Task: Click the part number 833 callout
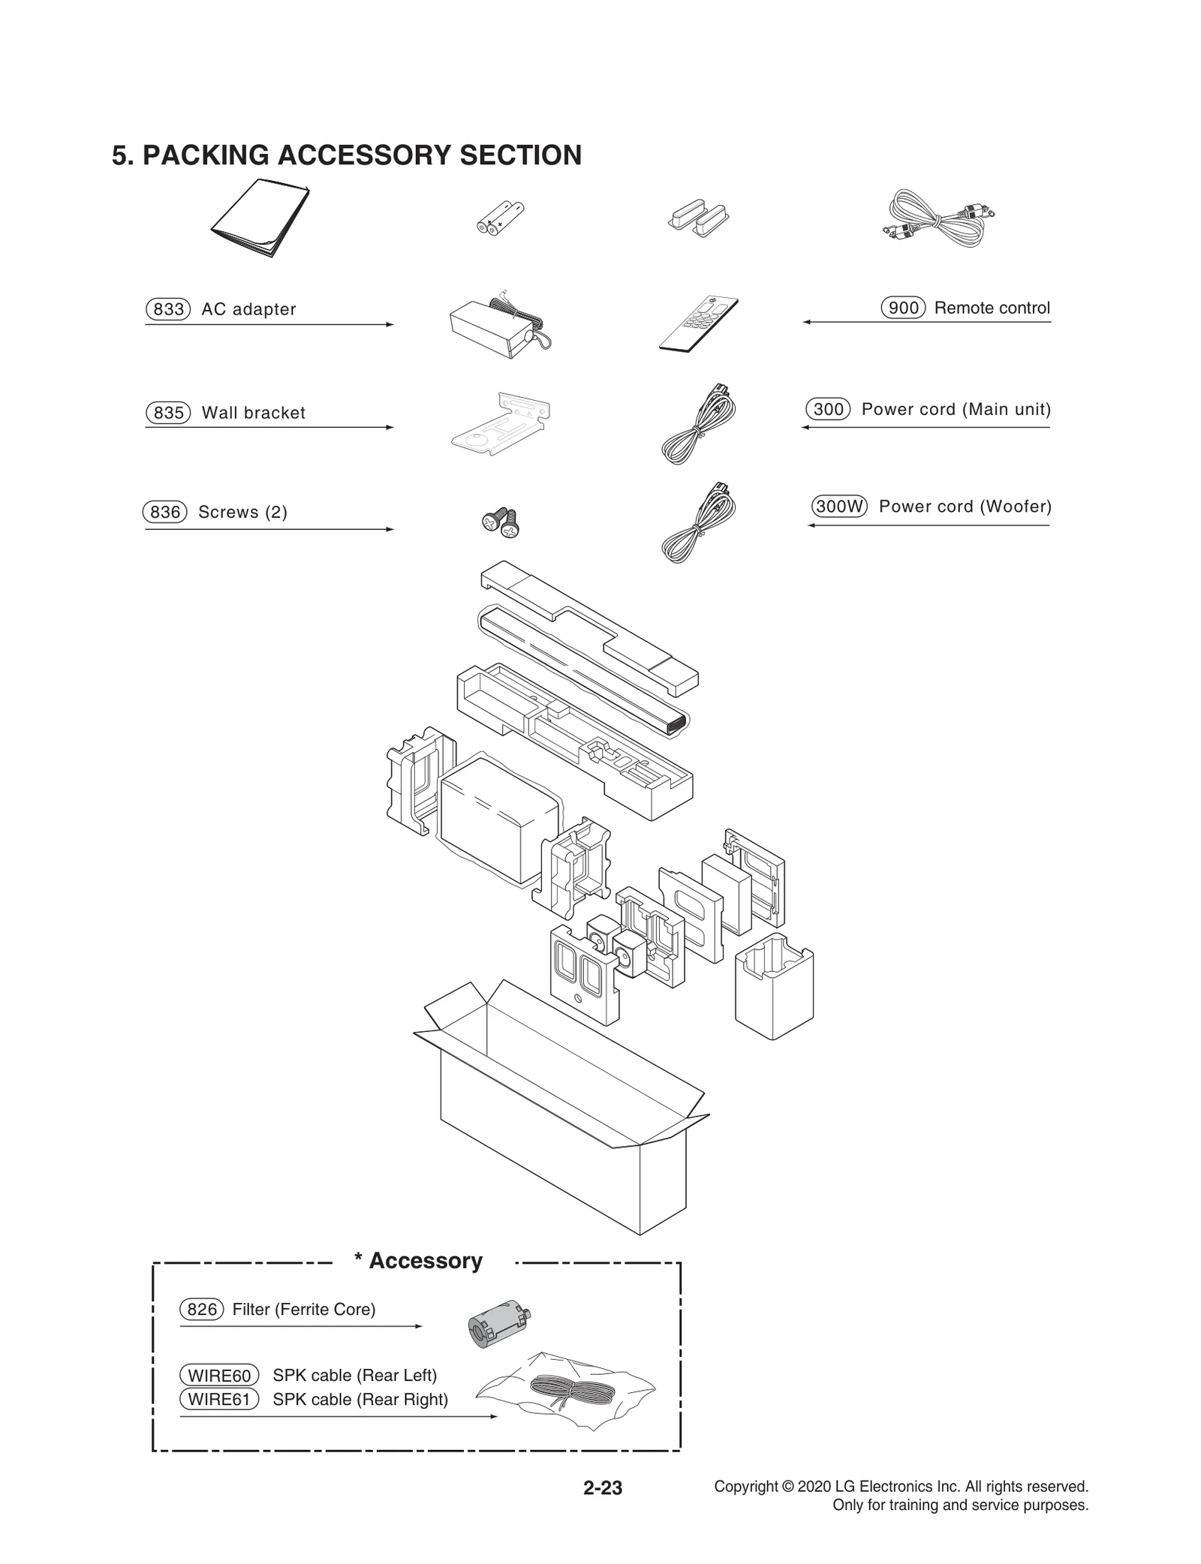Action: click(x=168, y=309)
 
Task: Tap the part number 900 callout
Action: click(x=903, y=308)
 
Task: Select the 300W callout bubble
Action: click(x=838, y=507)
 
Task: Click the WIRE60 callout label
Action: click(x=218, y=1376)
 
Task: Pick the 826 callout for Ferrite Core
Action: click(x=201, y=1310)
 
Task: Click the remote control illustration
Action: click(x=698, y=324)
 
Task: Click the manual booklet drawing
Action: click(x=260, y=218)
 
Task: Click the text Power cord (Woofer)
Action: click(x=965, y=507)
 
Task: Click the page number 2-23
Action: click(x=603, y=1487)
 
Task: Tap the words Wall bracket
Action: click(x=253, y=413)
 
